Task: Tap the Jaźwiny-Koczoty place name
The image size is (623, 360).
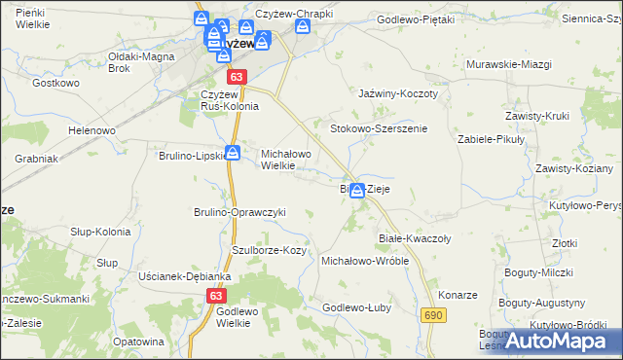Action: point(399,93)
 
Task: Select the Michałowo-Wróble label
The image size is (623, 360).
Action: point(364,262)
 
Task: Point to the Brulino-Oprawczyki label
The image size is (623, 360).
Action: point(239,212)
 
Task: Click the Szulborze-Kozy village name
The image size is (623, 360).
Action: point(269,250)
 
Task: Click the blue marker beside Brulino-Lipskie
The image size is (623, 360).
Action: point(234,153)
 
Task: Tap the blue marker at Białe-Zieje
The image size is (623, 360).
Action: point(358,191)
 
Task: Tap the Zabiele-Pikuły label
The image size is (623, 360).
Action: point(492,139)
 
